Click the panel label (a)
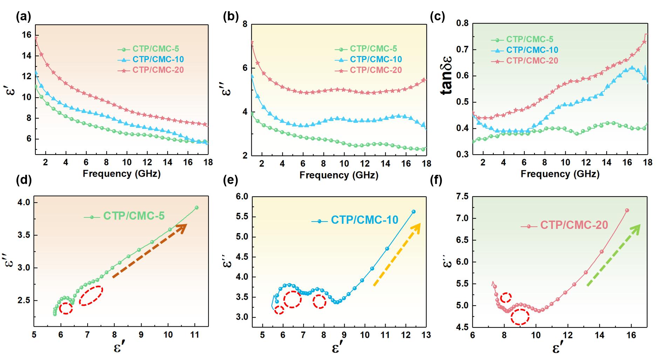[23, 17]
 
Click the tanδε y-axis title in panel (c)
[447, 76]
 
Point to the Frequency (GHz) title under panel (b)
[339, 175]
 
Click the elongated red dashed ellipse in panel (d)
[91, 296]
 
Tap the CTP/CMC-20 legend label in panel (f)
[574, 225]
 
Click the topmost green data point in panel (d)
[197, 208]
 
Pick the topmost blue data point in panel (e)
[414, 211]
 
